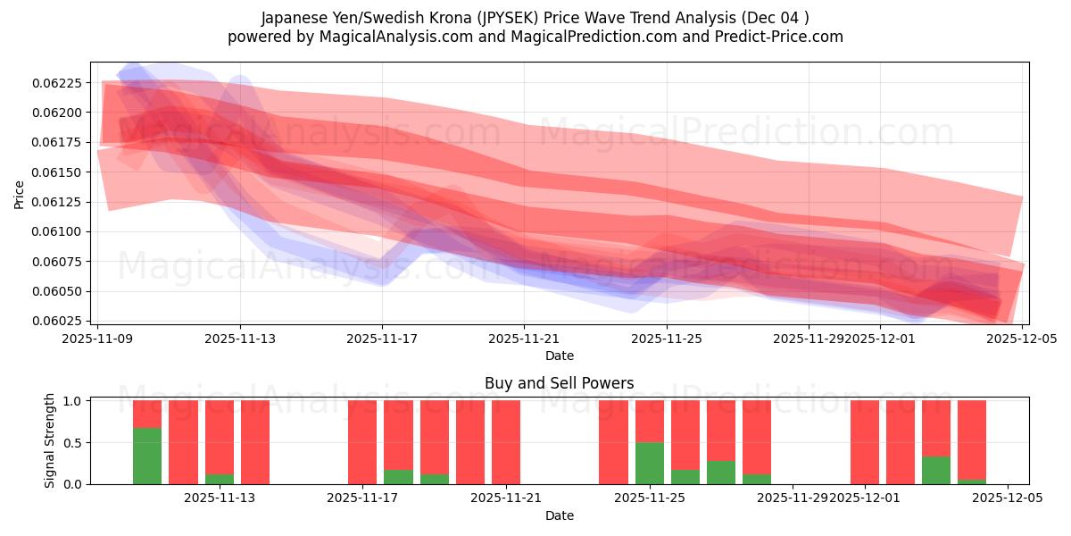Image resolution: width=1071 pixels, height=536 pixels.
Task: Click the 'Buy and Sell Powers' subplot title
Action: tap(559, 383)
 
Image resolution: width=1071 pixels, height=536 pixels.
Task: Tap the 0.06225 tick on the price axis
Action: tap(58, 83)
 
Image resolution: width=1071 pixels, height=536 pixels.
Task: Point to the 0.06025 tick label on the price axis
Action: tap(58, 322)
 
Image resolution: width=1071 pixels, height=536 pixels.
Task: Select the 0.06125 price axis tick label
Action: tap(58, 202)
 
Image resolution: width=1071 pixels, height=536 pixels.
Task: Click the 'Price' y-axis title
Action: tap(20, 194)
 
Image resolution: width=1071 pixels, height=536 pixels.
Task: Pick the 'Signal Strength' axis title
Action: tap(50, 440)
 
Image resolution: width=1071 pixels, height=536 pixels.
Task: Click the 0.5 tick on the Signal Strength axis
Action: tap(74, 443)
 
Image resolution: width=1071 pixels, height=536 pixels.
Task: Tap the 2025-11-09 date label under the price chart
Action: tap(97, 339)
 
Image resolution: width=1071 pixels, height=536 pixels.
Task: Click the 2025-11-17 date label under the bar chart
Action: tap(363, 498)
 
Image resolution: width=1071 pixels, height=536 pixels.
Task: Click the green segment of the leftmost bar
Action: tap(147, 456)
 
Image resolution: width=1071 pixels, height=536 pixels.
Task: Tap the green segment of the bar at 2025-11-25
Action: tap(649, 463)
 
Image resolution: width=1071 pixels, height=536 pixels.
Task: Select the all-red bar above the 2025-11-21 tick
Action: tap(506, 442)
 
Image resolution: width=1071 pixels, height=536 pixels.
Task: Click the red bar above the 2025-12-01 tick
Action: tap(864, 442)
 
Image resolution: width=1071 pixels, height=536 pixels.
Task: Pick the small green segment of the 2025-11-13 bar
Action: tap(220, 479)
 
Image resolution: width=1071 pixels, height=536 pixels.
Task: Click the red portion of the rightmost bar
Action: tap(972, 438)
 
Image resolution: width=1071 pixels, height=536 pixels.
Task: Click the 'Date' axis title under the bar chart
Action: tap(559, 515)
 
